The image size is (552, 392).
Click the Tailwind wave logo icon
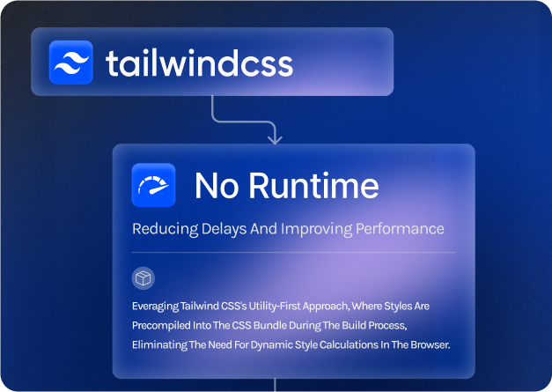70,63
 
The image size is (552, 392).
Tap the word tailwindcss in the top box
199,63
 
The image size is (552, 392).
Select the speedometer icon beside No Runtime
153,185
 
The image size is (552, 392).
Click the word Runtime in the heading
314,185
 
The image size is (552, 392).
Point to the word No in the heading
217,185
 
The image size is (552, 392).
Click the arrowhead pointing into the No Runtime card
275,138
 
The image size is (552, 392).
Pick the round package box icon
144,278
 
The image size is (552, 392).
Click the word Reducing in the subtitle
166,229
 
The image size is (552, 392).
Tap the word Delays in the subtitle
224,229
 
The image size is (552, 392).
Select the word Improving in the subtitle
316,229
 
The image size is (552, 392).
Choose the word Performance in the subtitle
400,229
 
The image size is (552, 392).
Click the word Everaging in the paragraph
155,307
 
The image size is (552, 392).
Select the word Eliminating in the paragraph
159,344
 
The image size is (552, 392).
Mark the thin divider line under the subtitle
293,253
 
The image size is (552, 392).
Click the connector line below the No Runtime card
275,385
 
